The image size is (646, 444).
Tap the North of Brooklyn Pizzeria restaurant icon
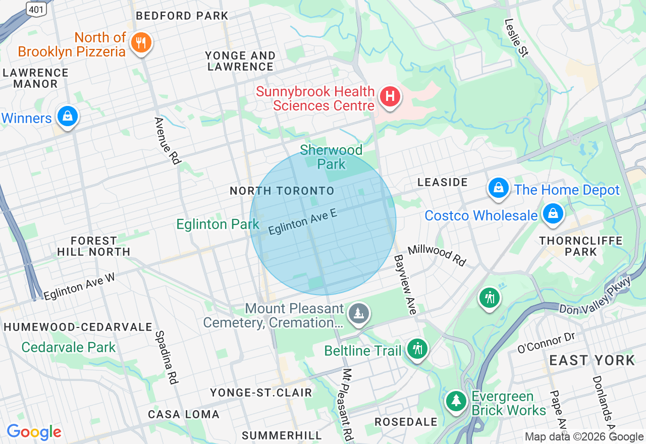tap(141, 43)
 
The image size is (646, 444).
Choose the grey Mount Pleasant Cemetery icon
tap(358, 314)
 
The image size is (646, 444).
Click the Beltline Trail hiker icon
tap(417, 349)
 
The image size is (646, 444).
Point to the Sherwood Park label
tap(331, 157)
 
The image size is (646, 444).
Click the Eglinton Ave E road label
tap(302, 223)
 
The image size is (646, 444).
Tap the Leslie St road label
tap(516, 38)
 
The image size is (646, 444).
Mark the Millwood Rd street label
tap(437, 255)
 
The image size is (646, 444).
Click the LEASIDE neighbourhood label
tap(443, 182)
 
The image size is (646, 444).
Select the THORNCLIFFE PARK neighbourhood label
tap(581, 246)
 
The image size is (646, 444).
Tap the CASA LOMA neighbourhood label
tap(184, 414)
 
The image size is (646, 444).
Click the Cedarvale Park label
tap(69, 347)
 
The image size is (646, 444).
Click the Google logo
tap(34, 432)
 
